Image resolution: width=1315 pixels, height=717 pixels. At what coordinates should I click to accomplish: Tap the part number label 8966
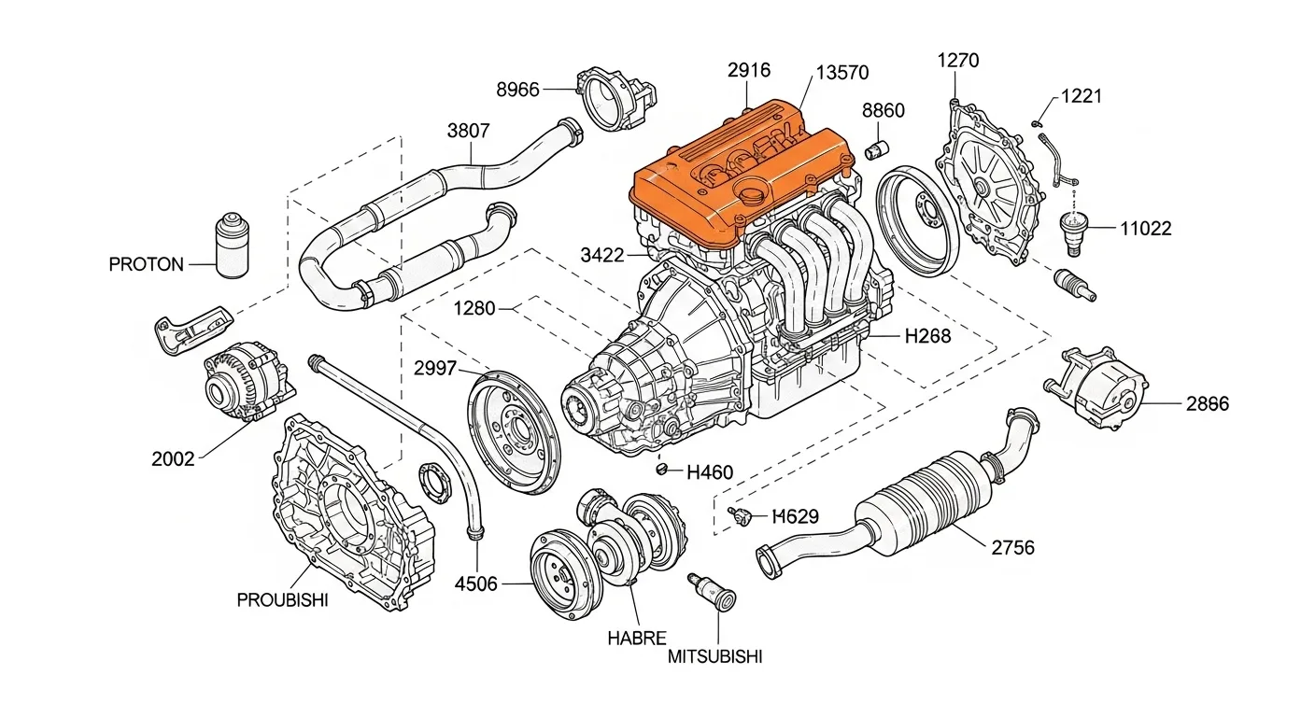[x=517, y=90]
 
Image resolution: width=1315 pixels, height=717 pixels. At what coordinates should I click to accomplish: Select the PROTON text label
[x=147, y=264]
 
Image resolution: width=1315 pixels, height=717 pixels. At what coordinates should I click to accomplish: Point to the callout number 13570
[x=842, y=72]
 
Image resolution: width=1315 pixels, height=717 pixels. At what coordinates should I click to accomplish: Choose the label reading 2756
[x=1012, y=547]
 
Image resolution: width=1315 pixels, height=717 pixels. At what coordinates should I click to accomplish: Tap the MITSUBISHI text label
[x=715, y=656]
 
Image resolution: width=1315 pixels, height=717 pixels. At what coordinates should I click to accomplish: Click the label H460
[x=710, y=472]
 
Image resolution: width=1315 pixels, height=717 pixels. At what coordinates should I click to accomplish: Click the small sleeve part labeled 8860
[x=879, y=148]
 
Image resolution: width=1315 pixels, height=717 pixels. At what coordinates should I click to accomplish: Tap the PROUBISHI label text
[x=282, y=600]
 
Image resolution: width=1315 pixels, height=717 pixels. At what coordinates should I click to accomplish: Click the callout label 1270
[x=958, y=62]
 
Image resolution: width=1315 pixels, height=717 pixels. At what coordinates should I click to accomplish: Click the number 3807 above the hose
[x=468, y=131]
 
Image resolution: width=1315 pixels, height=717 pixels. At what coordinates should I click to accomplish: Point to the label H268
[x=928, y=336]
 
